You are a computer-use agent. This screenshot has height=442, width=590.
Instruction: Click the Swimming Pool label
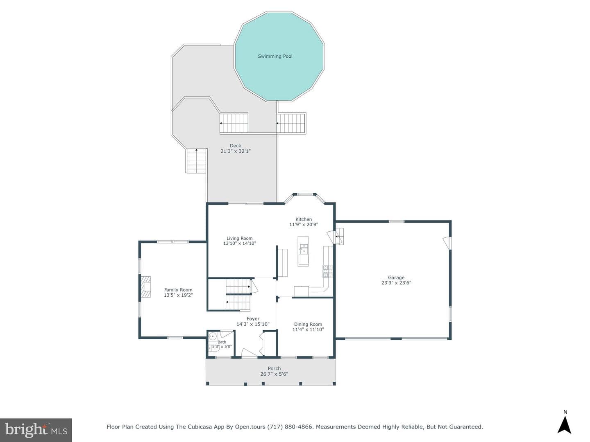(275, 56)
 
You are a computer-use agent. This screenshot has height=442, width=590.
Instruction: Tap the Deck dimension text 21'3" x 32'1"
(236, 151)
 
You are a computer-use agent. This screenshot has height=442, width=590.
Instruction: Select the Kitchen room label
(304, 219)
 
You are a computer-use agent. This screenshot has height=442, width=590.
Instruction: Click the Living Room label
(240, 238)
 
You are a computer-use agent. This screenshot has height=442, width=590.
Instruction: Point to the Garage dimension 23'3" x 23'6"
(396, 282)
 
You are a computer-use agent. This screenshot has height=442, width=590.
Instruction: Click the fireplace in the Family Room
(145, 287)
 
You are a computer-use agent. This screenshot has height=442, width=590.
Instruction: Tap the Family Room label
(178, 290)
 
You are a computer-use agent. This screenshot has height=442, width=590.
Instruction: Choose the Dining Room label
(308, 324)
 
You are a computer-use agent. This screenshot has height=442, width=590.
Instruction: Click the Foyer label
(253, 319)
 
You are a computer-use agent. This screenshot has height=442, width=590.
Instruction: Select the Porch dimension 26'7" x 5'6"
(274, 374)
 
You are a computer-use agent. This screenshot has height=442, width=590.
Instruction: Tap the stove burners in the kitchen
(327, 271)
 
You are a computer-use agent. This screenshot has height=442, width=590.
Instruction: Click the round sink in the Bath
(213, 336)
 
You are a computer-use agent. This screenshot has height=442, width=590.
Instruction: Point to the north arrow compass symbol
(565, 424)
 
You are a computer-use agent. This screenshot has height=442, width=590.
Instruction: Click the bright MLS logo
(36, 430)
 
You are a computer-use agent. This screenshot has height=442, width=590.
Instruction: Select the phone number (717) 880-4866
(290, 427)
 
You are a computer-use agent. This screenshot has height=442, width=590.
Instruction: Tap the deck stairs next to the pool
(291, 123)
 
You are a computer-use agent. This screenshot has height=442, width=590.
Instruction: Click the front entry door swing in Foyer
(249, 352)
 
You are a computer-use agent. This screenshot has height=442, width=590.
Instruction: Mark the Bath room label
(222, 342)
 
